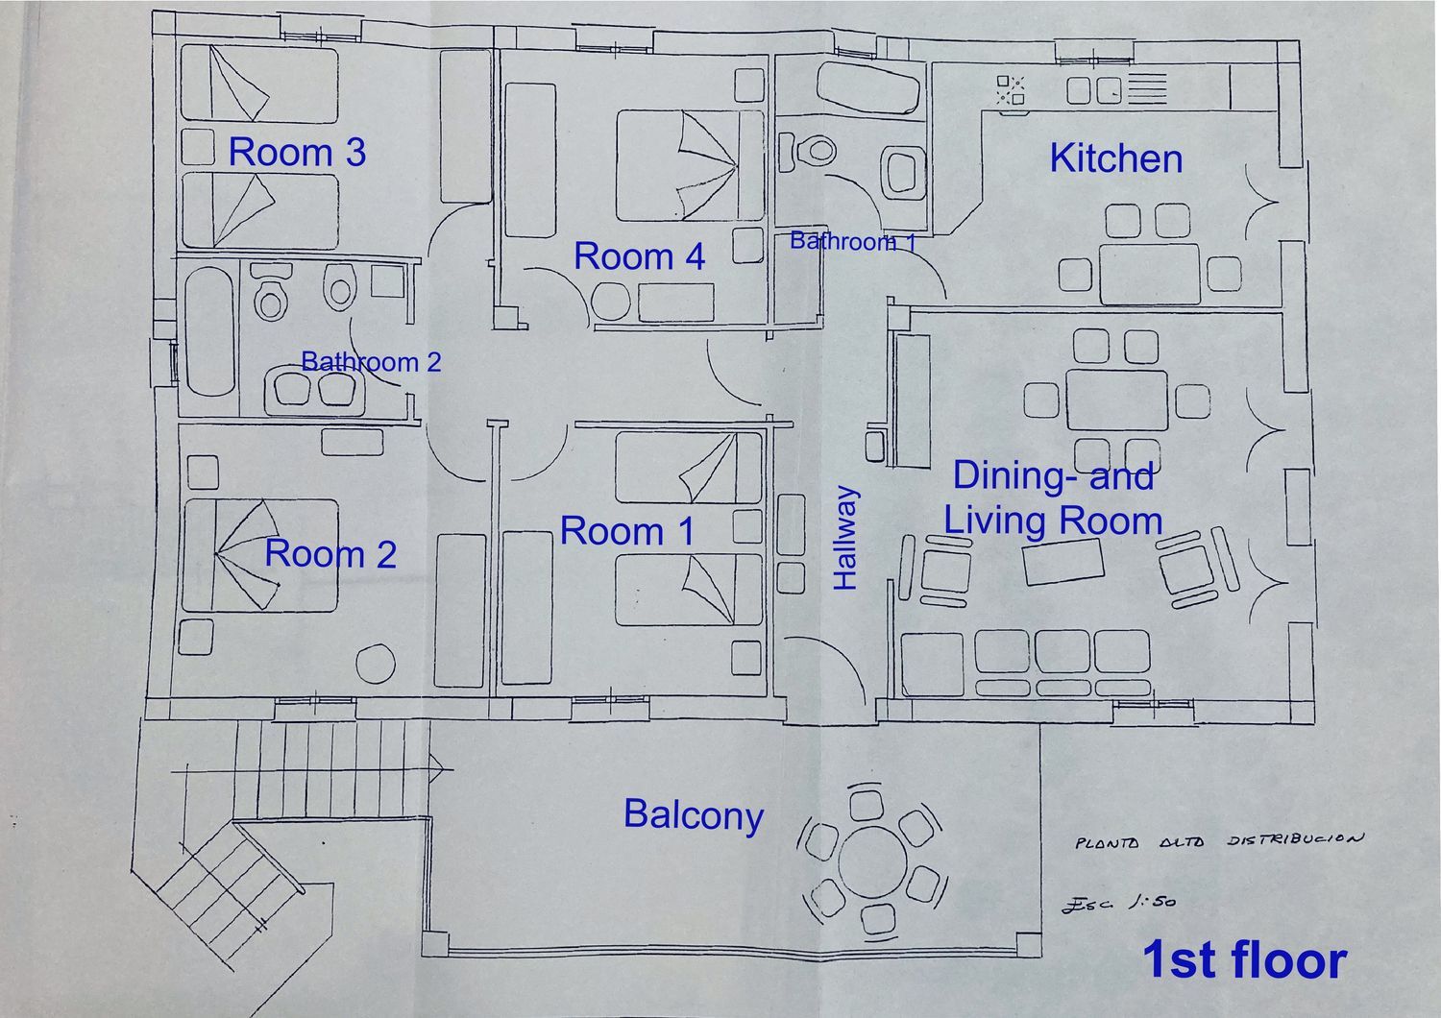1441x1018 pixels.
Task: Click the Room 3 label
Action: (297, 153)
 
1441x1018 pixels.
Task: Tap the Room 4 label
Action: (640, 256)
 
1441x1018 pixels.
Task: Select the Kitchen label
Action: (1116, 158)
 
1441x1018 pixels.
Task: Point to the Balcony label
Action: (694, 815)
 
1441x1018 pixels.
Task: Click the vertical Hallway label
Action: (845, 538)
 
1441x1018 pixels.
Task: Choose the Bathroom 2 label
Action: (371, 362)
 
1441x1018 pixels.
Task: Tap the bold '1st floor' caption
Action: (1244, 959)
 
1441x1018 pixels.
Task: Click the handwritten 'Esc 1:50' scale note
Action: (1119, 904)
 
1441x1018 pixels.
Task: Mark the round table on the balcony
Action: (873, 862)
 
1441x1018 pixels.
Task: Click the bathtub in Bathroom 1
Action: (868, 90)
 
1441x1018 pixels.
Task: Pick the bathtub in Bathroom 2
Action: (208, 330)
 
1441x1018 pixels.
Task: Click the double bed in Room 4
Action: (690, 165)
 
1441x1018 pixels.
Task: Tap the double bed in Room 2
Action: (260, 555)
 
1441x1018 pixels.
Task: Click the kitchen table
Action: (1150, 274)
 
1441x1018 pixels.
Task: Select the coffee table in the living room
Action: (1063, 562)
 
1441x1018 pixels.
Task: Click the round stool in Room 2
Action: (376, 664)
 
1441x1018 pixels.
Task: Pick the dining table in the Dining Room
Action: (1116, 400)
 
